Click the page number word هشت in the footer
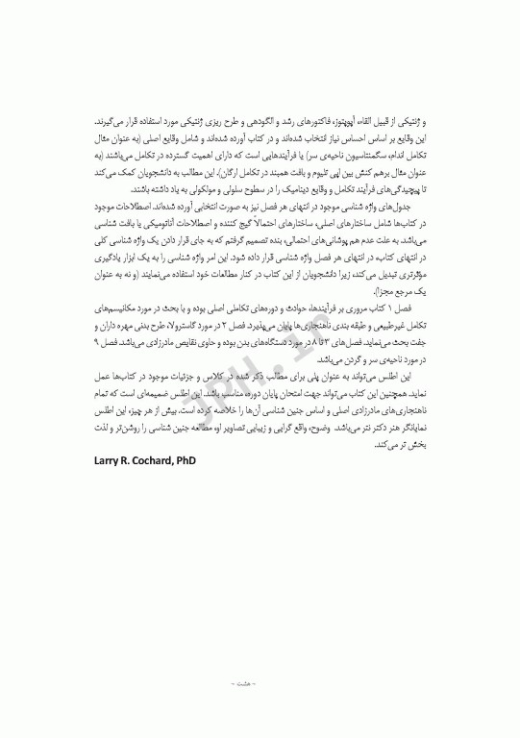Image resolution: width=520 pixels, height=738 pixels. (260, 683)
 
